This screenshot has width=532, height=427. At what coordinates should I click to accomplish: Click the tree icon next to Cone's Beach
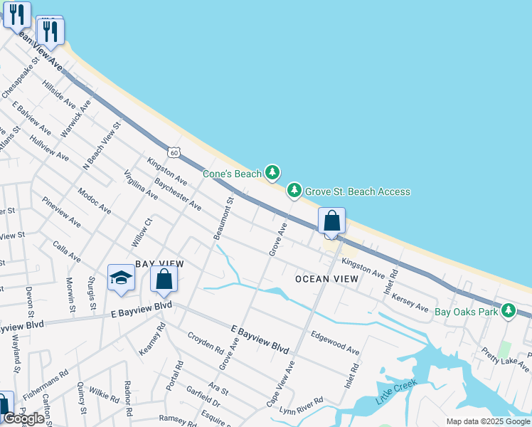[272, 172]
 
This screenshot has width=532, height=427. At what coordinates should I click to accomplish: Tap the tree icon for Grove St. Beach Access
[294, 190]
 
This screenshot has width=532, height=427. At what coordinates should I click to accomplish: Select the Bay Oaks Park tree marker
[508, 310]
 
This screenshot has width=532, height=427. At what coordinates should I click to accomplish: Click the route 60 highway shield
[174, 152]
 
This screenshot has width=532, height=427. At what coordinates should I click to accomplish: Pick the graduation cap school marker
[122, 278]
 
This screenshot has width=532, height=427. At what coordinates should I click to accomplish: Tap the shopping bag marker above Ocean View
[331, 221]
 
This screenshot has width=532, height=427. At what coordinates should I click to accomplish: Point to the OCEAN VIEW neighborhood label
[327, 279]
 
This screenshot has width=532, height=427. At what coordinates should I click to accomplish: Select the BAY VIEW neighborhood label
[159, 264]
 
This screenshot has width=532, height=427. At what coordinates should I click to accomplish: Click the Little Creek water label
[393, 396]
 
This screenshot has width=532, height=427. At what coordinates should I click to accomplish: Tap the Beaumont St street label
[223, 218]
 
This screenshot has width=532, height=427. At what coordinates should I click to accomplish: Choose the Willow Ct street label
[142, 233]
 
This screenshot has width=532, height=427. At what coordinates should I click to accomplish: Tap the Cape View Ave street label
[280, 384]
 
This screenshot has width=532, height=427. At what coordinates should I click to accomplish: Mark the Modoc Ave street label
[95, 201]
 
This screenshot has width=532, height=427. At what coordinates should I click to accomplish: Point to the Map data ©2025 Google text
[488, 421]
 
